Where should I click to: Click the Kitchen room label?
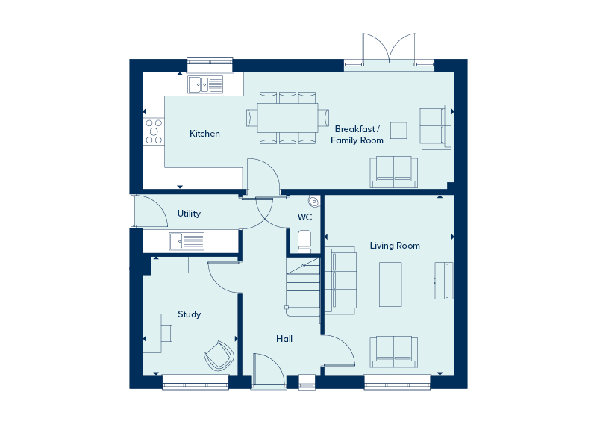(204, 134)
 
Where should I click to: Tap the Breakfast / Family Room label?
(357, 134)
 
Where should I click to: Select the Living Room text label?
(395, 246)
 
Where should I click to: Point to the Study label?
(190, 314)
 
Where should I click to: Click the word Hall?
(284, 339)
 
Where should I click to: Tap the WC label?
(304, 217)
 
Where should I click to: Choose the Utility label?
(189, 214)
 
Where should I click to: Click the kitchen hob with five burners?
(154, 131)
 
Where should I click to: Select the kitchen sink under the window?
(205, 84)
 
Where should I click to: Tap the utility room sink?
(187, 241)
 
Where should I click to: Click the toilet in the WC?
(304, 241)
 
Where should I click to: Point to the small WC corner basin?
(313, 202)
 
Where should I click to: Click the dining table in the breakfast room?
(288, 118)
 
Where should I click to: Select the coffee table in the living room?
(390, 284)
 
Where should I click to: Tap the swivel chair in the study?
(219, 356)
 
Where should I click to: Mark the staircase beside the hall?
(303, 287)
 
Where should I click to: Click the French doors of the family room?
(389, 49)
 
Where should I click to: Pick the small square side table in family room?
(398, 130)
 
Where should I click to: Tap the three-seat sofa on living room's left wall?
(340, 281)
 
